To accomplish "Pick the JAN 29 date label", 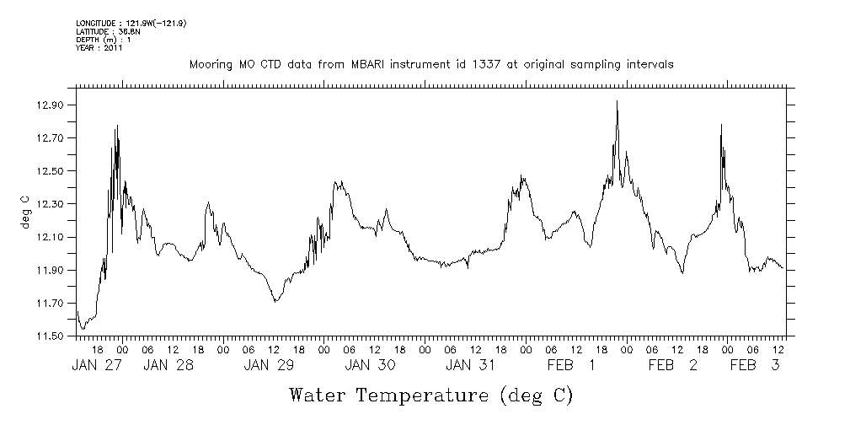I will [270, 365].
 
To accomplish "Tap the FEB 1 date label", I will [571, 365].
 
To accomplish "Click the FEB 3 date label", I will [753, 365].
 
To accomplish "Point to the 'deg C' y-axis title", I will [24, 212].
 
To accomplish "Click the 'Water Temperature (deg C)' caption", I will [430, 395].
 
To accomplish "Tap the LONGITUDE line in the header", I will [131, 23].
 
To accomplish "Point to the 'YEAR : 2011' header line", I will [99, 48].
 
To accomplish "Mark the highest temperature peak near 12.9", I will [617, 101].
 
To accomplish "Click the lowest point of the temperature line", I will [83, 328].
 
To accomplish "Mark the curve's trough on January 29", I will [275, 301].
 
